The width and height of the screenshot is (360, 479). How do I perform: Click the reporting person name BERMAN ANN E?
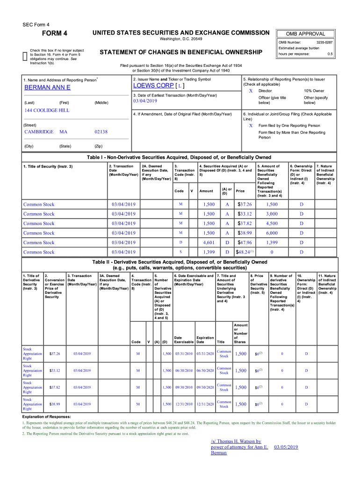(x=47, y=87)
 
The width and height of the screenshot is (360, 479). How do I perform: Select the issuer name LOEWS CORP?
(x=153, y=86)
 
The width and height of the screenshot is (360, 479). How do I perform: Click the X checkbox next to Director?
(x=251, y=90)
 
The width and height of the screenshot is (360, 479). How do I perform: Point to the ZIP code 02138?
(x=101, y=132)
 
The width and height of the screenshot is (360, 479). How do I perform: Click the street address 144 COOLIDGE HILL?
(x=47, y=110)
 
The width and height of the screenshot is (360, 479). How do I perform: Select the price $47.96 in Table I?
(x=245, y=242)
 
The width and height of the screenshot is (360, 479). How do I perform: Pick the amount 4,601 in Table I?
(x=209, y=242)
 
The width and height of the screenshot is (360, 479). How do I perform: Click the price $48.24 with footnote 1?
(x=244, y=252)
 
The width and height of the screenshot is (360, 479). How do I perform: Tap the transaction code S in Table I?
(x=180, y=252)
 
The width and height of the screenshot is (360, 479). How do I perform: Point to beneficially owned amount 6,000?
(x=272, y=233)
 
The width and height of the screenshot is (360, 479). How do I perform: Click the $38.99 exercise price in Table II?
(x=54, y=404)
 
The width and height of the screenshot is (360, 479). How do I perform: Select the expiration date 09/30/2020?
(x=205, y=387)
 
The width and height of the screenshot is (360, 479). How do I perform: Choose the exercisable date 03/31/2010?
(x=184, y=354)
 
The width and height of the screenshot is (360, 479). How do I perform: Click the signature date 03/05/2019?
(x=286, y=447)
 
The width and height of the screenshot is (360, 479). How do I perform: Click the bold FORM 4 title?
(x=55, y=33)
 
